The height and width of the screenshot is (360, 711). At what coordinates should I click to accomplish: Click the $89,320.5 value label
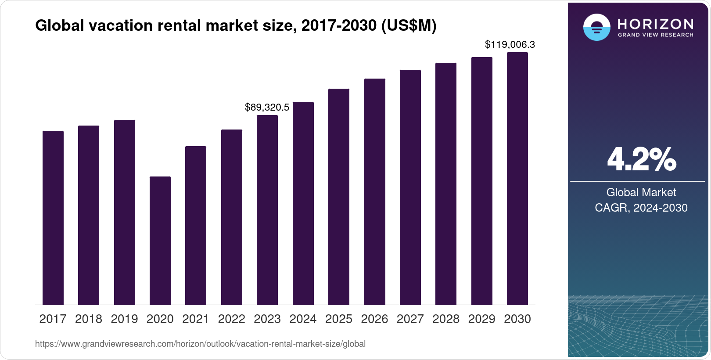(267, 107)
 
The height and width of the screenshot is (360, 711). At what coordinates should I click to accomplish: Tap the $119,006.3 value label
(510, 44)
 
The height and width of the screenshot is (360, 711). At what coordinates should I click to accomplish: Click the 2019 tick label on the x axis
(124, 319)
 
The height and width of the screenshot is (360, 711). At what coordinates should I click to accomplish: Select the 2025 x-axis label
(339, 319)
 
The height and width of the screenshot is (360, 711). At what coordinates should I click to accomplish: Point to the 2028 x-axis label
(446, 319)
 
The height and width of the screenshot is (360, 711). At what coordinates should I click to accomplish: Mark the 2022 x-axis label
(231, 319)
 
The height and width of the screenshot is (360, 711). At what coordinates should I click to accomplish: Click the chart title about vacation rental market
(236, 26)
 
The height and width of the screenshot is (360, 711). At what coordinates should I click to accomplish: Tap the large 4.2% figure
(641, 159)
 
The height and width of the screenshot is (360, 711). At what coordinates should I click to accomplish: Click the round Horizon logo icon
(596, 27)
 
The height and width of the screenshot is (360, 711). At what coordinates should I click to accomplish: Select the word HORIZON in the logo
(655, 24)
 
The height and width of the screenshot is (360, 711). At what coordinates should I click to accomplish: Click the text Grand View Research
(655, 35)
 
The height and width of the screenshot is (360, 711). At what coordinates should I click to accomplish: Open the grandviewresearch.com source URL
(200, 344)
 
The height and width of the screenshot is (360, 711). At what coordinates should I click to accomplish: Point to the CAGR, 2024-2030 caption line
(641, 208)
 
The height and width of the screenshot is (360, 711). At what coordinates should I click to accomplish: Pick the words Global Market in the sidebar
(641, 192)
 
